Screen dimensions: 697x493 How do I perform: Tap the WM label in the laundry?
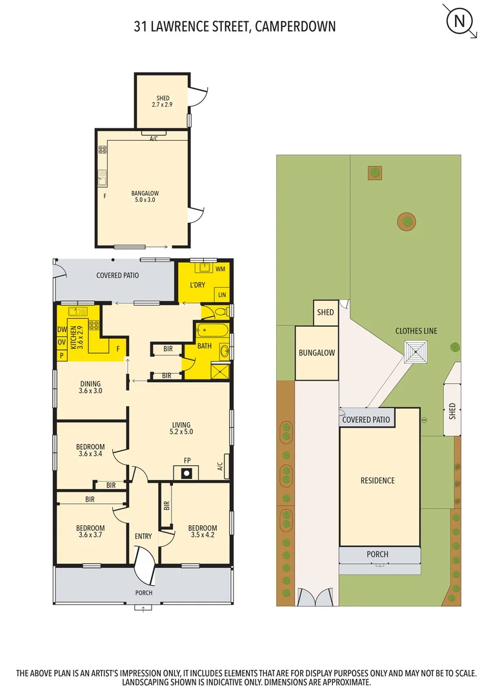pos(220,268)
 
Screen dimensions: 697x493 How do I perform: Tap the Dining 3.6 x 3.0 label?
pos(90,387)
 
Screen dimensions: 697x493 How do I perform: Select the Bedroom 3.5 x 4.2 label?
pos(203,531)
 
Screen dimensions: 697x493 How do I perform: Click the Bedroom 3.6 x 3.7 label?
pos(90,531)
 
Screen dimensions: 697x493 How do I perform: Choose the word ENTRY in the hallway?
pos(143,536)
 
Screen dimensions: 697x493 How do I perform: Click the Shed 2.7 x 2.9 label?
pos(163,101)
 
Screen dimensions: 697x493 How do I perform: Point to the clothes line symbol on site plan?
pos(416,353)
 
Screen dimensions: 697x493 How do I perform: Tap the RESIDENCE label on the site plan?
pos(377,480)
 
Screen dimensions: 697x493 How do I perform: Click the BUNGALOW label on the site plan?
pos(316,353)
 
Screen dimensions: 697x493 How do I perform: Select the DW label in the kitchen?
pos(62,330)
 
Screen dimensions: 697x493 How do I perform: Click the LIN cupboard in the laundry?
pos(223,294)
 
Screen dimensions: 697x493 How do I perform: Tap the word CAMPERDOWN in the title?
pos(296,26)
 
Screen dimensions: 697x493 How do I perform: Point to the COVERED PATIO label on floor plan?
pos(117,276)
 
